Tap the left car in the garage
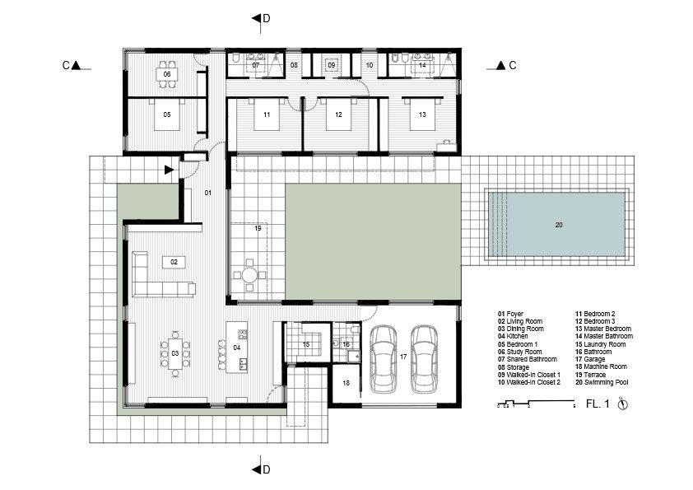[384, 359]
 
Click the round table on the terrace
[249, 276]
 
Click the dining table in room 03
[175, 353]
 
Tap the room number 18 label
[346, 383]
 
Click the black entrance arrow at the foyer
[169, 170]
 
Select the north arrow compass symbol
[622, 404]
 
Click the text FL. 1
[598, 404]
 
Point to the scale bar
[536, 404]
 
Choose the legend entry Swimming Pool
[602, 382]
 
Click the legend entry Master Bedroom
[603, 329]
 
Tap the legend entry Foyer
[510, 314]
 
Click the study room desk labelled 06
[166, 74]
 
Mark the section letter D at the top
[267, 19]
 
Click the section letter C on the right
[513, 65]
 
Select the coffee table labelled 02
[174, 262]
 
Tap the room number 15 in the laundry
[306, 344]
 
